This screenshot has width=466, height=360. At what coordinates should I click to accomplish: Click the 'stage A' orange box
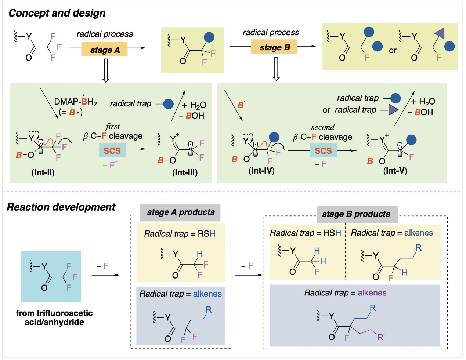point(104,49)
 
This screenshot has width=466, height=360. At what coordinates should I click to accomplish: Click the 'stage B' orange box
point(274,47)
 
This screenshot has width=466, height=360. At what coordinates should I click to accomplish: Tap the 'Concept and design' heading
point(57,13)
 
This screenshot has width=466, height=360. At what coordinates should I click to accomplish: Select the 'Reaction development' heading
point(61,207)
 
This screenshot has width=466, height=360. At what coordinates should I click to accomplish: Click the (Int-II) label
point(43,172)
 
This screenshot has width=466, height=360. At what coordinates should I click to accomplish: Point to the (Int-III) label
point(185,172)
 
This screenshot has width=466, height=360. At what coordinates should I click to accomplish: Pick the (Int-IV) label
point(261,171)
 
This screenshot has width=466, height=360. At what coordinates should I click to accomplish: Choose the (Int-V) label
point(395,171)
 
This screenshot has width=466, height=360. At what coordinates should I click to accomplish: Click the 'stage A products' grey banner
point(180,212)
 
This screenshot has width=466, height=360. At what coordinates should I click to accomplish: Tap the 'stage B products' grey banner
point(358,214)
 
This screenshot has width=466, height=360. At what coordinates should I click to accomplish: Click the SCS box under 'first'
point(112,150)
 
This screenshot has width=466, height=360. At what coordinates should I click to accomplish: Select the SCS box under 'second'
point(323,150)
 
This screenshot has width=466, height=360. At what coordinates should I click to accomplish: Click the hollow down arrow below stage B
point(276,69)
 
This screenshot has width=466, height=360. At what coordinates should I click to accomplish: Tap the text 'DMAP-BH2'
point(76,101)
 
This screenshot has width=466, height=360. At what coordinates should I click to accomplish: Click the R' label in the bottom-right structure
point(381,338)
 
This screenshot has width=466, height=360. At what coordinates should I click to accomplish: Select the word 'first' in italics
point(113,127)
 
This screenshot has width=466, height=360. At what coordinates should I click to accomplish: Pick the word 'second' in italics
point(323,127)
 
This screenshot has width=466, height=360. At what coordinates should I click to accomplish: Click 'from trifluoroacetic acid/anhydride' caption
point(54,317)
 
